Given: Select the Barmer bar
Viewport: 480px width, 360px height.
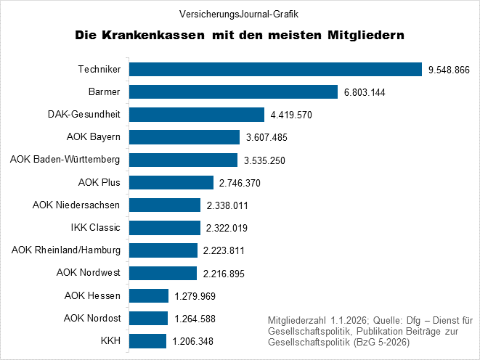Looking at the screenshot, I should coord(232,92).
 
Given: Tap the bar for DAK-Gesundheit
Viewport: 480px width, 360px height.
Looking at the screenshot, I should coord(195,115).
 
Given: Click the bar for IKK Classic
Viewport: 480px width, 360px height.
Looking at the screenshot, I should coord(163,228).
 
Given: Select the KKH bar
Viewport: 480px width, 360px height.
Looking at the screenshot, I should coord(147,341).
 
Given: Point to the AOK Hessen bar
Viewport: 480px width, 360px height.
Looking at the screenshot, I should coord(148,295).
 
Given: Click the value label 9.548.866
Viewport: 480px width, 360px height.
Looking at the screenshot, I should coord(450,70).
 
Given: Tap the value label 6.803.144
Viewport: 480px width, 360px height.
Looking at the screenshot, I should coord(365,92).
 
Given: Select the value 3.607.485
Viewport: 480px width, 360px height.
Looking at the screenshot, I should coord(267,138).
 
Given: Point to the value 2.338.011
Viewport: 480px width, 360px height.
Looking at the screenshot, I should coord(227,205).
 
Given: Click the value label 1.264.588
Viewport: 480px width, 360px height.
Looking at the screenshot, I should coord(194,319).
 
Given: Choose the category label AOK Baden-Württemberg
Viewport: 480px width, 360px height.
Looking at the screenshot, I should coord(65,160).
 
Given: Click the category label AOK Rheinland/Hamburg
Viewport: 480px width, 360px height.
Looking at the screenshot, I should coord(66,250).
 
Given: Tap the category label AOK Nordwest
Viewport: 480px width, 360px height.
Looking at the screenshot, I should coord(88,273).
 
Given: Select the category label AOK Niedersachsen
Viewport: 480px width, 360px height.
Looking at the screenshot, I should coord(76,205).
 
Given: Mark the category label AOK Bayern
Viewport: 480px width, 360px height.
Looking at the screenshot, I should coord(93,137).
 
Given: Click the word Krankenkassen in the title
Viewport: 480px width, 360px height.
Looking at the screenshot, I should coord(158,35).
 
